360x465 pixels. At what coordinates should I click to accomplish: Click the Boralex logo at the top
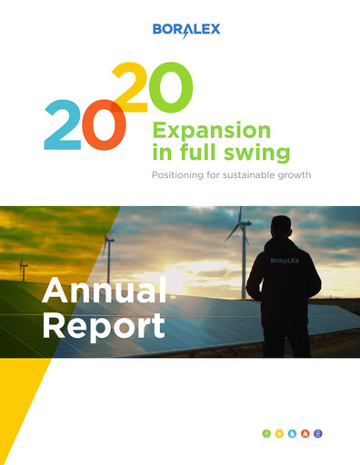coord(186,30)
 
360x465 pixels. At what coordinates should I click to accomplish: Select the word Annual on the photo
coord(104,292)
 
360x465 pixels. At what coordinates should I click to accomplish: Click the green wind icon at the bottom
coord(266,434)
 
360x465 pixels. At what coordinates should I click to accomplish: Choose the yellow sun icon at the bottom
coord(279,434)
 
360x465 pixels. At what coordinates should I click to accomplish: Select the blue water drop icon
coord(292,434)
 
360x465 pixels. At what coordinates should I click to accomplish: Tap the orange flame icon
coord(305,434)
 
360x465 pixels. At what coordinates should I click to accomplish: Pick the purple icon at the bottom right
coord(317,434)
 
